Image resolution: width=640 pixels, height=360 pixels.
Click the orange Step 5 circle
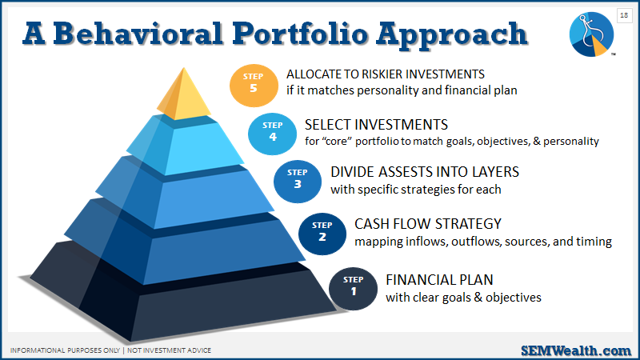254,86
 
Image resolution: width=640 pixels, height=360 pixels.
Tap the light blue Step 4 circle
272,134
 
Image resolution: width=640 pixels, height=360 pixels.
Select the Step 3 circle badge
298,182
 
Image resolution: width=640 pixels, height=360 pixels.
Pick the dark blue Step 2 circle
322,234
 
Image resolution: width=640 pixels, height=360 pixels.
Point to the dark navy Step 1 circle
353,289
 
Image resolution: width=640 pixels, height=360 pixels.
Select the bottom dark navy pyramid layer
179,300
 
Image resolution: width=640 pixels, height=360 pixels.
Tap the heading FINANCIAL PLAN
439,280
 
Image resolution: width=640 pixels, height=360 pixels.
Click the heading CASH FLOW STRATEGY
428,224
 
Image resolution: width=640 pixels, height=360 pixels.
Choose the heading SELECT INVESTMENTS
376,125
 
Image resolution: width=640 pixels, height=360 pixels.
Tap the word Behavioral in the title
138,34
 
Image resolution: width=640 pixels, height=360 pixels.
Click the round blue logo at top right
591,34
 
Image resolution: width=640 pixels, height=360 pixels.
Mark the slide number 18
624,15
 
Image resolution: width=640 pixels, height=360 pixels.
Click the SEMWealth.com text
576,350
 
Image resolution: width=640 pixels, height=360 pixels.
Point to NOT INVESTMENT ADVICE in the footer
169,350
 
